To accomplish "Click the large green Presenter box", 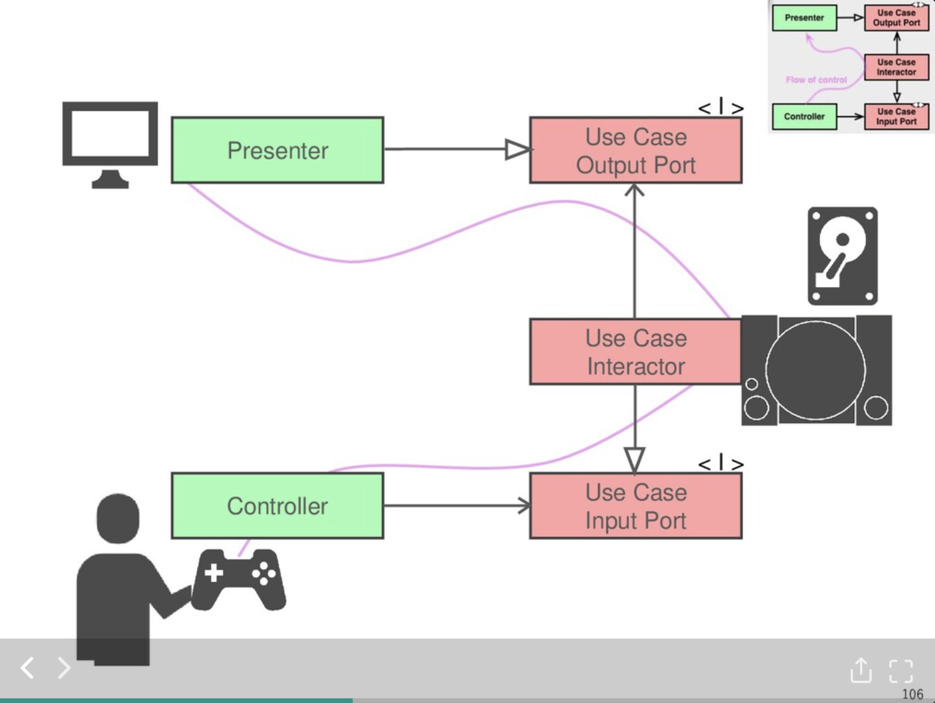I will pos(277,150).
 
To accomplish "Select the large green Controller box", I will pos(277,506).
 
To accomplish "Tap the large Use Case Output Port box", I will pos(636,151).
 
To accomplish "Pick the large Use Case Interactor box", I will pos(636,352).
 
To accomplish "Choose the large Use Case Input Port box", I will pos(636,506).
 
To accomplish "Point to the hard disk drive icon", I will pos(842,255).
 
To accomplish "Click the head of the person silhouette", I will pos(118,518).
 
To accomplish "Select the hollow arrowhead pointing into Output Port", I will pos(517,149).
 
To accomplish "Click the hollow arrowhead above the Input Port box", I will pos(634,459).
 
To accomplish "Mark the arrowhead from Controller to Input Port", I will pos(524,506).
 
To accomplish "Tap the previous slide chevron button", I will pos(28,667).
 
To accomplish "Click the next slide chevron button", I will pos(64,667).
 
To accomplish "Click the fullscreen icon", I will pos(900,671).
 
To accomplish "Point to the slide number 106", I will pos(912,694).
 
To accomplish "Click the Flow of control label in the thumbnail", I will pos(816,80).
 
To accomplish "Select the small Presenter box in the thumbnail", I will pos(804,18).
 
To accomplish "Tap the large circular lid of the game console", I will pos(815,370).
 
